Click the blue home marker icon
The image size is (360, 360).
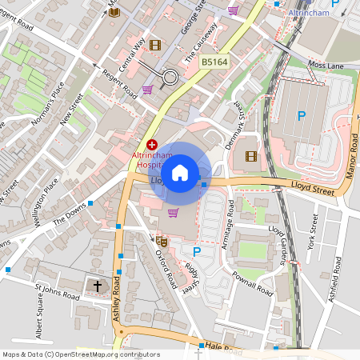[x=180, y=172]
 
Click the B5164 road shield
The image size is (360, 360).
[x=214, y=62]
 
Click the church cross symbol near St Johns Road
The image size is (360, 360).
[x=98, y=285]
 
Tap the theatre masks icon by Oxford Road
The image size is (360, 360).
[x=162, y=239]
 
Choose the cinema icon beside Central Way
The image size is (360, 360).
[x=154, y=45]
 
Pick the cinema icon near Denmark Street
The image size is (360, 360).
[x=251, y=155]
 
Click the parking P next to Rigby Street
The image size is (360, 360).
[x=197, y=251]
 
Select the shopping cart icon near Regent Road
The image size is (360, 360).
[x=147, y=90]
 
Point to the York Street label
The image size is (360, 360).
[x=313, y=231]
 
